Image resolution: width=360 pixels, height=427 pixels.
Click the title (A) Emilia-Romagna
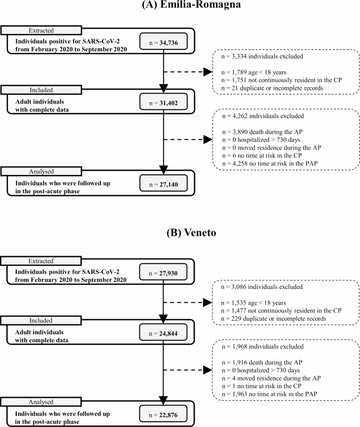click(180, 6)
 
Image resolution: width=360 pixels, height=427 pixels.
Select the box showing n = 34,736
click(164, 41)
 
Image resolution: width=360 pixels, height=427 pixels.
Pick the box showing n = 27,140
click(164, 182)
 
